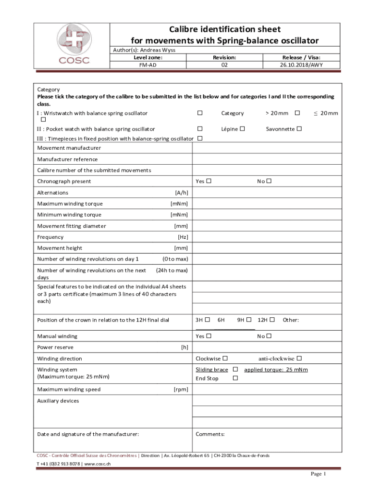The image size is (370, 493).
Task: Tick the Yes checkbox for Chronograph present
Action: tap(209, 182)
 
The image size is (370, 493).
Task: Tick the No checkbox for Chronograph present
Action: tap(269, 182)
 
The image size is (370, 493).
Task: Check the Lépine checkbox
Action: tap(243, 129)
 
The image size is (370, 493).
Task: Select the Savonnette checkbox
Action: tap(299, 129)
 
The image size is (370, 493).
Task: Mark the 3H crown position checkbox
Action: tap(208, 320)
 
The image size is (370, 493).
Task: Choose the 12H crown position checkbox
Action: tap(272, 320)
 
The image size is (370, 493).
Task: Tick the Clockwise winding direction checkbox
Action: tap(225, 358)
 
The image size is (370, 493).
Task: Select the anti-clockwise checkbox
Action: tap(299, 358)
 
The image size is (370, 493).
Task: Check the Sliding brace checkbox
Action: tap(235, 369)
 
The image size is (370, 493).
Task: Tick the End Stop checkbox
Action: tap(235, 378)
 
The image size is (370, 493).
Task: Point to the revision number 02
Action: tap(224, 64)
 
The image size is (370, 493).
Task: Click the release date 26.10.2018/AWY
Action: tap(301, 64)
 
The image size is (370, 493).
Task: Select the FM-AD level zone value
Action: tap(148, 64)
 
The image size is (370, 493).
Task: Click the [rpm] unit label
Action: tap(180, 389)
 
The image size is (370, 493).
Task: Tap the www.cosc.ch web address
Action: tap(98, 464)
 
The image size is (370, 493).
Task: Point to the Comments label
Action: tap(210, 434)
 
